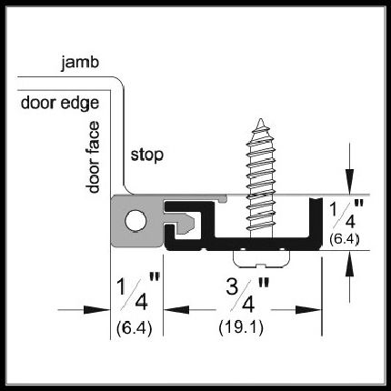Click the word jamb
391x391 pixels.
tap(80, 64)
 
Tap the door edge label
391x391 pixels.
tap(60, 104)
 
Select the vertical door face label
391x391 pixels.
tap(93, 157)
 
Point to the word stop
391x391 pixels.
tap(147, 155)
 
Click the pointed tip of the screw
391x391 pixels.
tap(260, 119)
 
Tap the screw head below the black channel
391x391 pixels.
tap(261, 259)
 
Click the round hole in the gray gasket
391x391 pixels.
tap(135, 220)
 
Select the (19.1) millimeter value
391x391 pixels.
tap(241, 327)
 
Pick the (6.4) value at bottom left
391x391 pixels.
tap(134, 327)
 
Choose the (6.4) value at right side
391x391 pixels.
tap(345, 239)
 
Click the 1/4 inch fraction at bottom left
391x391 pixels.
tap(138, 291)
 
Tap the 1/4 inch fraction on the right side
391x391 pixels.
tap(346, 214)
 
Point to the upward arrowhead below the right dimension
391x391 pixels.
tap(350, 264)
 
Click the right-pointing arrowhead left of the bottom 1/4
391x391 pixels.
tap(96, 310)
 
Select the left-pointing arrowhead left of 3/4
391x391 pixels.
tap(176, 310)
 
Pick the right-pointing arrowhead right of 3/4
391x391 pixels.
tap(308, 310)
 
